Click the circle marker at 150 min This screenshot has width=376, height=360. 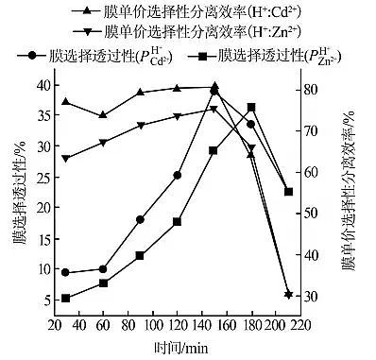pos(214,92)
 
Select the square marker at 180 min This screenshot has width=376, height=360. pos(251,108)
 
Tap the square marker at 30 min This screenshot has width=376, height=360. pos(66,299)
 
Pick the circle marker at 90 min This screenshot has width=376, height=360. pos(140,219)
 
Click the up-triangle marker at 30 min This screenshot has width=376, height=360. pos(66,101)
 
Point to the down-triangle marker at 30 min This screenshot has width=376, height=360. pos(66,159)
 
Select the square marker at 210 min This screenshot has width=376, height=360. pos(288,192)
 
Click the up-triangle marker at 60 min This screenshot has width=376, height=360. pos(103,115)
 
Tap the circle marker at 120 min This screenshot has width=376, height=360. pos(177,175)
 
